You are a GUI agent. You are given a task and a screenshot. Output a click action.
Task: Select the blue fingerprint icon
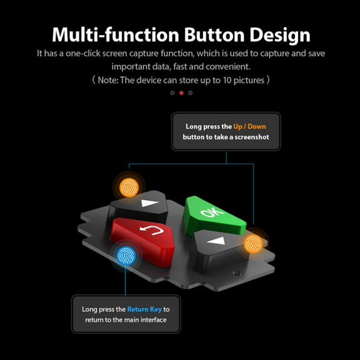(x=126, y=256)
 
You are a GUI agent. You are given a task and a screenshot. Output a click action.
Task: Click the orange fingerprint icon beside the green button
(x=253, y=244)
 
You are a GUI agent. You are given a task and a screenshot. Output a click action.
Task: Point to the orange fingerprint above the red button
(x=129, y=187)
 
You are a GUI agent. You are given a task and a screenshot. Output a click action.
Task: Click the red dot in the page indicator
(x=181, y=92)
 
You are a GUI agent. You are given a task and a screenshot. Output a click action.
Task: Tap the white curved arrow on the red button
(x=152, y=230)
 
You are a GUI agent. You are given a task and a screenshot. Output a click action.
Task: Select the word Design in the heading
(x=280, y=36)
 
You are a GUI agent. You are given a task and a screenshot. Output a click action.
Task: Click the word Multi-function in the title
(x=116, y=34)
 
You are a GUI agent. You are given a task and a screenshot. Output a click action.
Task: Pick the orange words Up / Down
(x=249, y=127)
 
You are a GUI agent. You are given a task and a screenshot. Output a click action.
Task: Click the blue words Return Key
(x=144, y=309)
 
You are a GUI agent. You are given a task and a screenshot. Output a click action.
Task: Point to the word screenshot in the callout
(x=252, y=137)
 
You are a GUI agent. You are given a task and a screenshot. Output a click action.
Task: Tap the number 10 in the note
(x=227, y=81)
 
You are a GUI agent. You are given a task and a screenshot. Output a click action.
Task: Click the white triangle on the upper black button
(x=150, y=203)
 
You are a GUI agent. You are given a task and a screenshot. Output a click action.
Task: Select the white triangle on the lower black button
(x=216, y=241)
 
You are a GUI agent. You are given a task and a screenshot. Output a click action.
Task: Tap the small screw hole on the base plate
(x=237, y=273)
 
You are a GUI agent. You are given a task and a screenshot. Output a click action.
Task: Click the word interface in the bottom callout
(x=154, y=320)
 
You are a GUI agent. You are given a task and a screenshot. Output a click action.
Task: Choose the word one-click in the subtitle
(x=83, y=54)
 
